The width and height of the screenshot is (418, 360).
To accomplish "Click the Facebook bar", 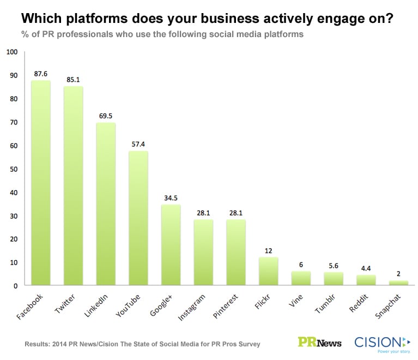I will point(41,183).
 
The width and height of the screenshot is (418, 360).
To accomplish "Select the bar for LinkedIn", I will point(106,204).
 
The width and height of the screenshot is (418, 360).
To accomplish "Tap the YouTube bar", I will point(138,218).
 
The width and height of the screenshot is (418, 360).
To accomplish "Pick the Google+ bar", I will point(171,245).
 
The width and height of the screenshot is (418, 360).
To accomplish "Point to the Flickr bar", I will point(269,271).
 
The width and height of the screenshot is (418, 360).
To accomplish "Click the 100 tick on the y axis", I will point(12,52).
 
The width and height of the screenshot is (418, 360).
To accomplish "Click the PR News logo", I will point(320,342).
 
